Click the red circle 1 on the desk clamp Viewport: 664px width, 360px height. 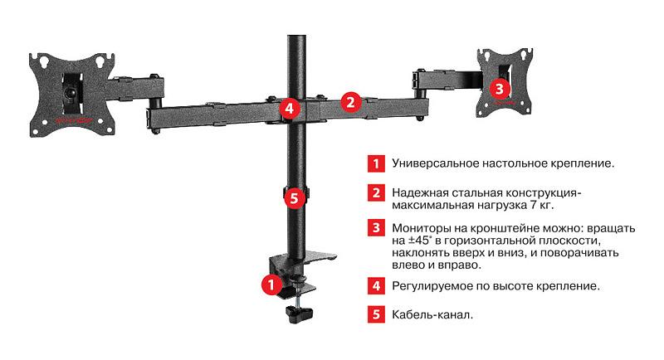pyautogui.click(x=270, y=285)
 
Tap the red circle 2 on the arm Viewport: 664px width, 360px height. pyautogui.click(x=351, y=102)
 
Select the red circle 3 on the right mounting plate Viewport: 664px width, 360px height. pyautogui.click(x=498, y=86)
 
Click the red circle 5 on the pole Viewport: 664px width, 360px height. pyautogui.click(x=292, y=198)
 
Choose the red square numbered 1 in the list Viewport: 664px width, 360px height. pyautogui.click(x=377, y=163)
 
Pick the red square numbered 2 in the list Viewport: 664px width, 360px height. pyautogui.click(x=377, y=193)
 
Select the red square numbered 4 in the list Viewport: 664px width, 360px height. pyautogui.click(x=377, y=285)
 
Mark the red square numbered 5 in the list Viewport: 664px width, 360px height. pyautogui.click(x=377, y=314)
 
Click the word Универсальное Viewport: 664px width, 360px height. pyautogui.click(x=435, y=163)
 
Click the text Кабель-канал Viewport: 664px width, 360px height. pyautogui.click(x=432, y=314)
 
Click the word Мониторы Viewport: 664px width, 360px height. pyautogui.click(x=422, y=227)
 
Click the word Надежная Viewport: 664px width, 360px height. pyautogui.click(x=420, y=192)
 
